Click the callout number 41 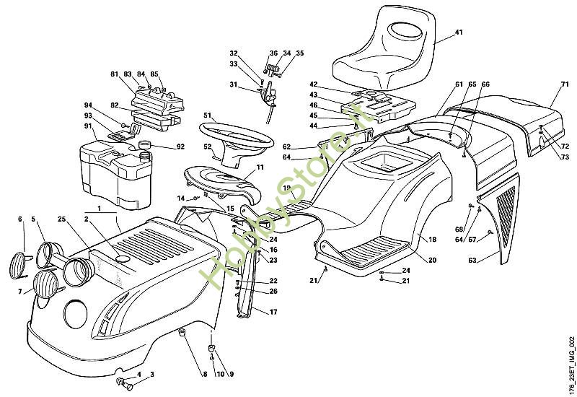(x=459, y=32)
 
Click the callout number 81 (x=114, y=75)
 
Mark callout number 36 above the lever (x=273, y=53)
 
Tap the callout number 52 (x=208, y=147)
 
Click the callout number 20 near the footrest (x=433, y=260)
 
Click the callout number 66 (x=485, y=85)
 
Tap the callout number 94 (x=87, y=105)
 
